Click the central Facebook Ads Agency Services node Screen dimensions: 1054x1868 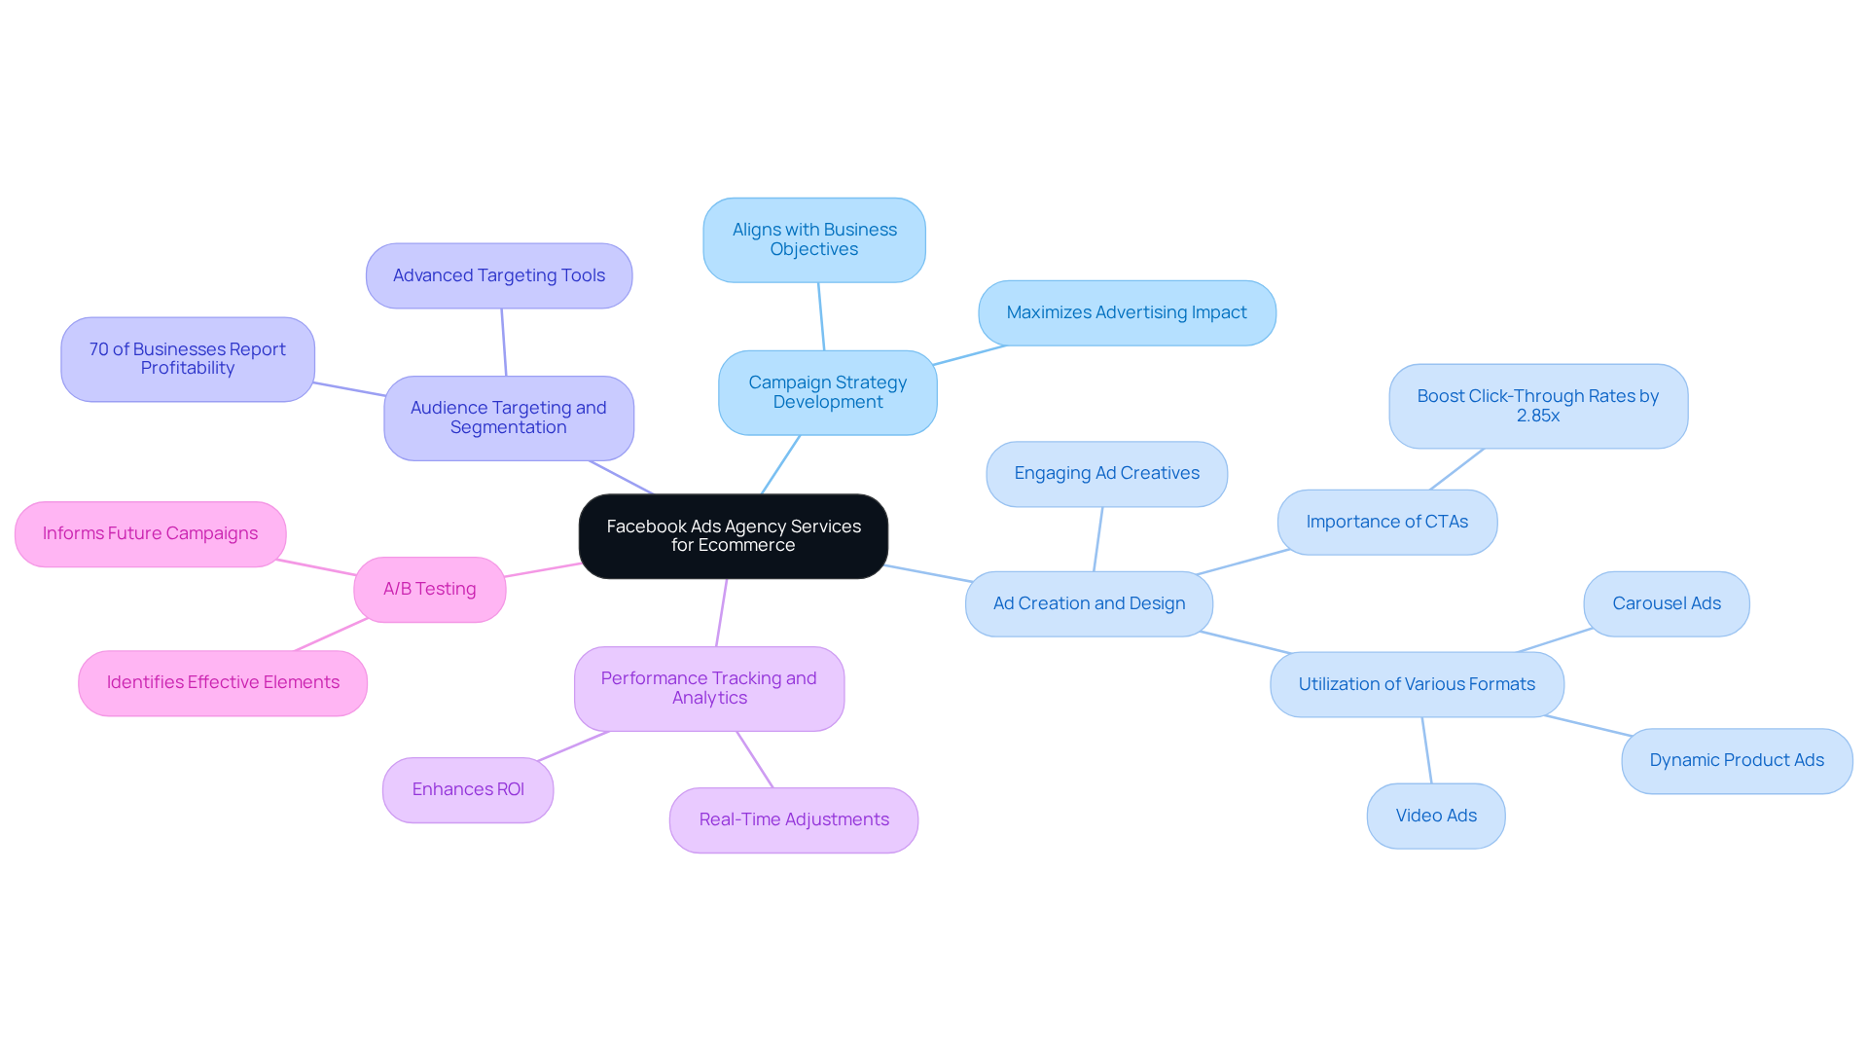click(x=733, y=536)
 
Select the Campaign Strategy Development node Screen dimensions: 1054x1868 click(x=827, y=392)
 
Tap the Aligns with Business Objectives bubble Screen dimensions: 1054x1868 click(x=814, y=239)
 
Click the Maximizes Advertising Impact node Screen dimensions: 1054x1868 click(x=1127, y=312)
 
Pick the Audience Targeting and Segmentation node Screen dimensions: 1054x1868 click(x=508, y=418)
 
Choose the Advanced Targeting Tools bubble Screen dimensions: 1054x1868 click(x=499, y=275)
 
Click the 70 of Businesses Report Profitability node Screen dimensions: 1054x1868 click(x=188, y=359)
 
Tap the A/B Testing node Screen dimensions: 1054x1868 click(x=429, y=589)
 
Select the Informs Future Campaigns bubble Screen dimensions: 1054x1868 click(x=150, y=533)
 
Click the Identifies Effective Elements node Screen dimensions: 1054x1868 click(x=223, y=682)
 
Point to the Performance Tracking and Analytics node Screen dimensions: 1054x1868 click(x=708, y=688)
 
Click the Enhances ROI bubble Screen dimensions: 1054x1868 click(x=468, y=789)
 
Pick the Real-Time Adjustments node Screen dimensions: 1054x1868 click(x=794, y=819)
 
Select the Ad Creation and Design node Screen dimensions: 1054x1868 click(x=1089, y=603)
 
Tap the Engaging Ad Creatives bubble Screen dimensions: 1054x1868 click(x=1106, y=473)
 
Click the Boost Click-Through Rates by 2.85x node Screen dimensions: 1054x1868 click(x=1537, y=406)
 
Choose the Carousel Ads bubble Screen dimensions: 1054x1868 click(x=1666, y=603)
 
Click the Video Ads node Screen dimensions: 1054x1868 click(x=1435, y=816)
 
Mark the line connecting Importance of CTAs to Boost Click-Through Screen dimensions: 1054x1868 click(x=1456, y=469)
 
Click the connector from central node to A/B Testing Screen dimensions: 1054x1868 click(x=543, y=570)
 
